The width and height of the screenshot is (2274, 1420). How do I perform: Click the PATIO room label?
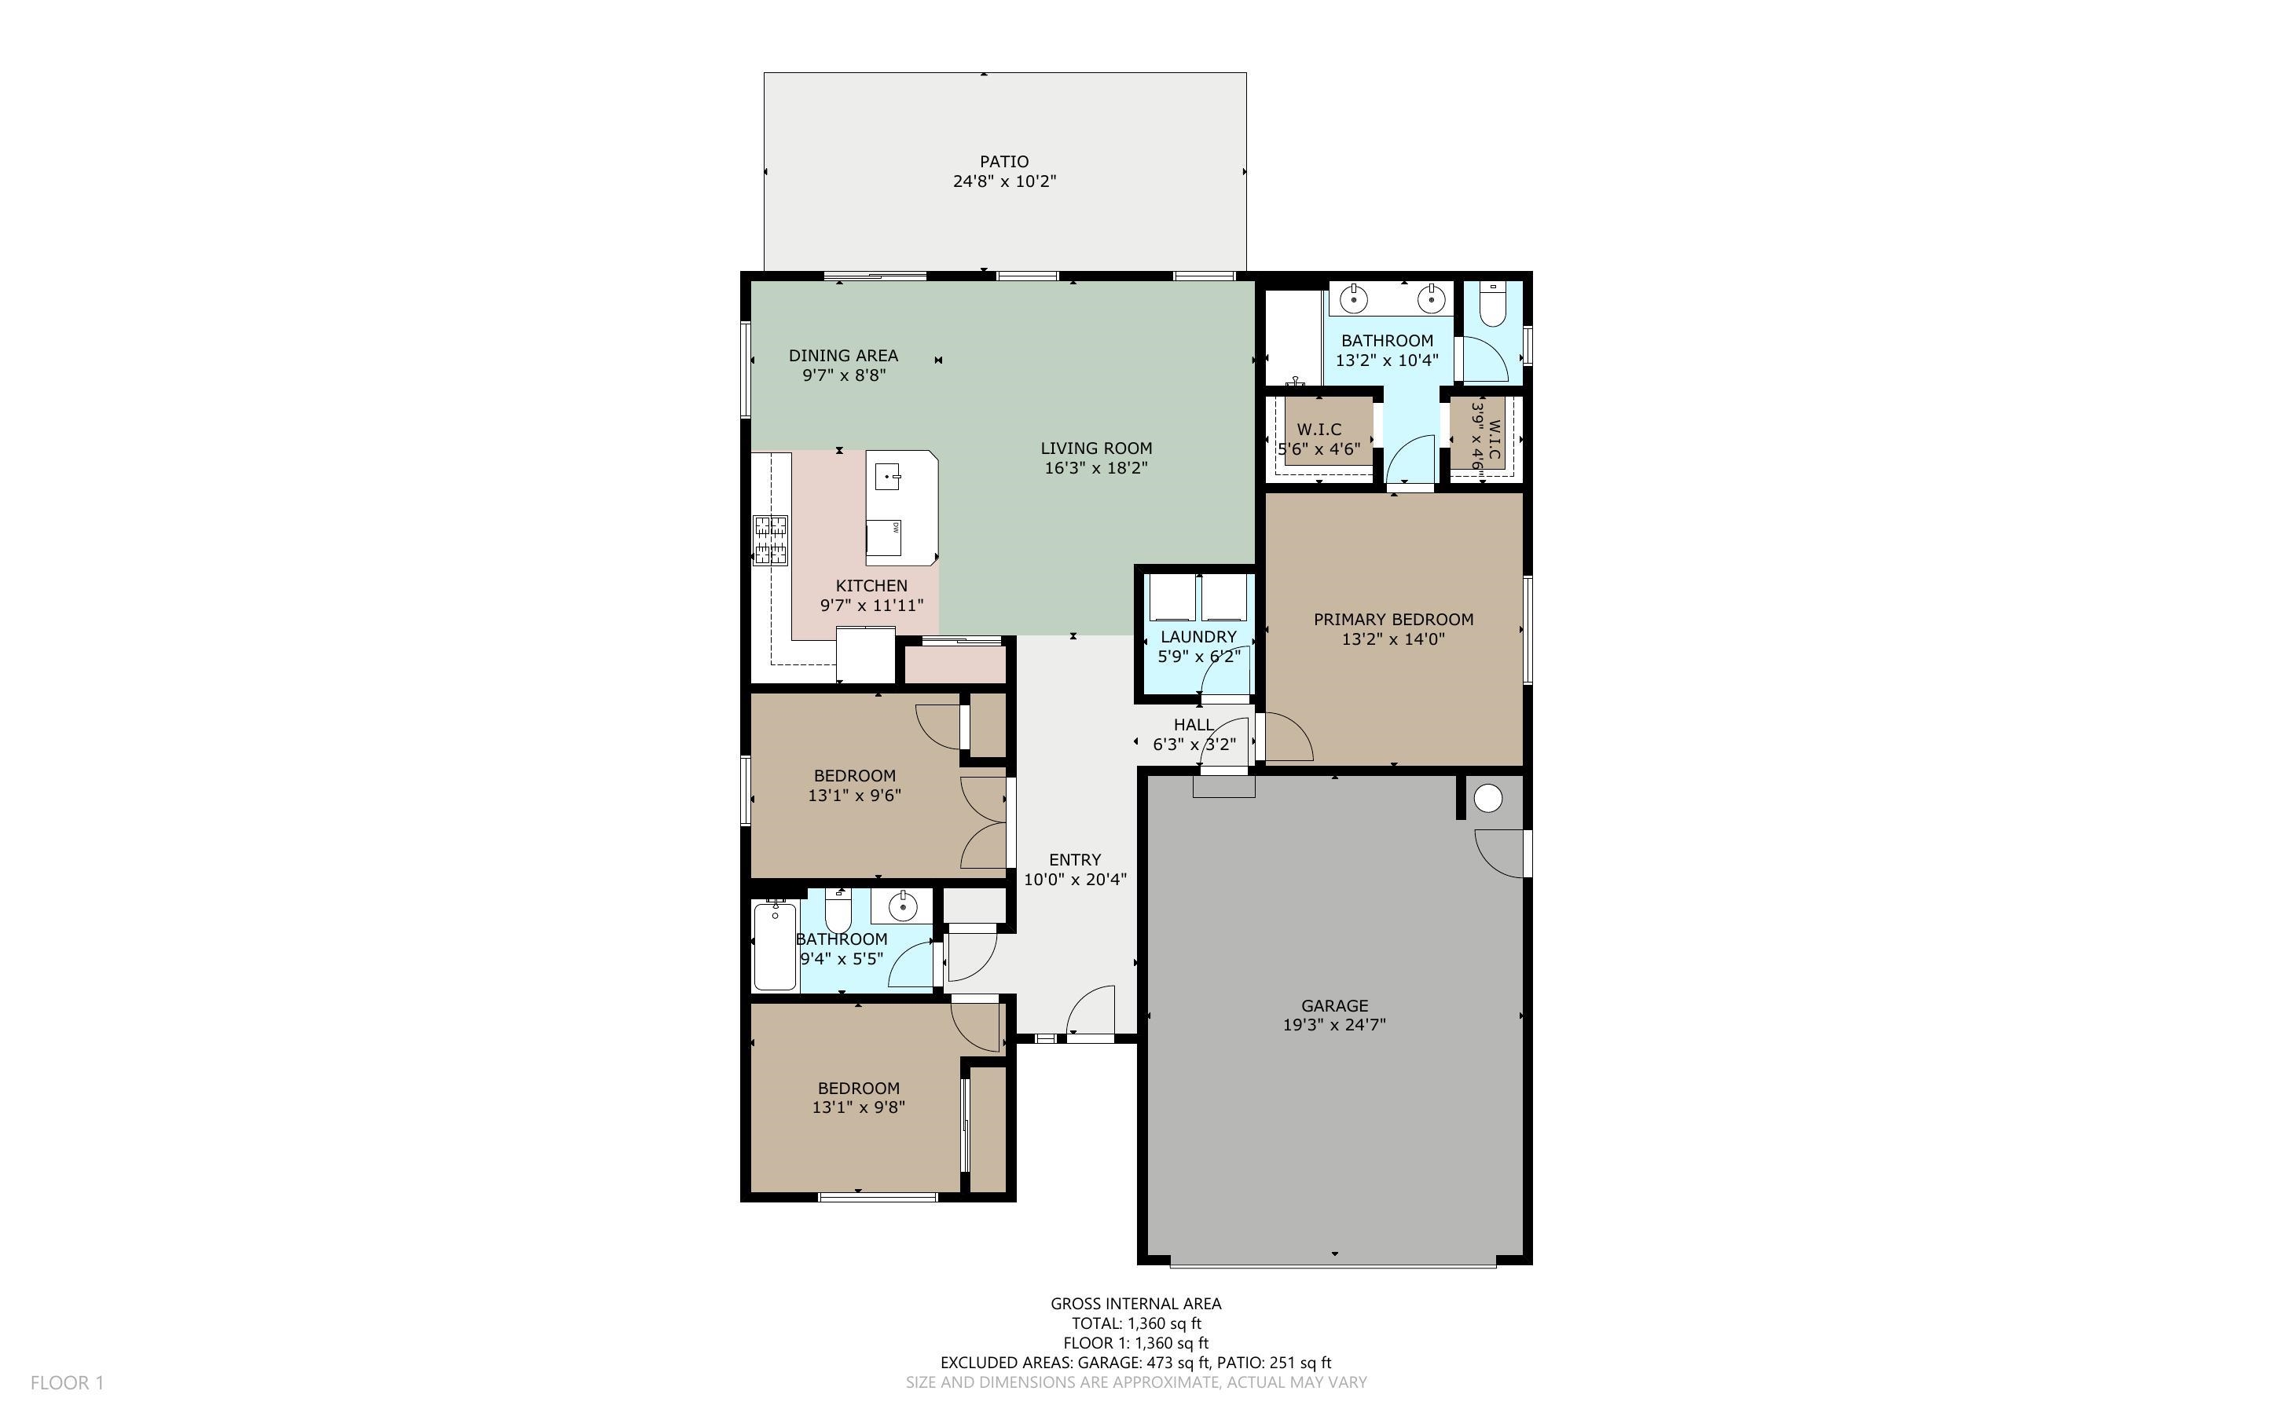pos(1004,162)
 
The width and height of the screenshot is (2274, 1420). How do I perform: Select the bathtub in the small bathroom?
pos(775,946)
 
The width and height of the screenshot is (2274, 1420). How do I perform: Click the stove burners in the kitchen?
pos(770,540)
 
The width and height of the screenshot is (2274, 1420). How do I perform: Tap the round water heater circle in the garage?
pos(1487,798)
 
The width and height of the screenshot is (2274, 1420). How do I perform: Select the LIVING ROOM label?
pos(1096,448)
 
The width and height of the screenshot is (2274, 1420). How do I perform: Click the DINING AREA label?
pos(843,355)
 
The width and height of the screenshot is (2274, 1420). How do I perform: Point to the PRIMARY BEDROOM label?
pos(1393,619)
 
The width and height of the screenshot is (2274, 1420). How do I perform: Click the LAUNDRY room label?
pos(1198,637)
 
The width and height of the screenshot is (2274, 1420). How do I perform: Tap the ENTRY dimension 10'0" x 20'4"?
pos(1075,880)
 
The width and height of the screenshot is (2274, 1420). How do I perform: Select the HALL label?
pos(1193,724)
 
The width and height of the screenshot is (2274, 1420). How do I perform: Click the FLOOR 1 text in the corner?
pos(67,1382)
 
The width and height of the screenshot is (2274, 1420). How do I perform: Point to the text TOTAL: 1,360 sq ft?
pos(1135,1323)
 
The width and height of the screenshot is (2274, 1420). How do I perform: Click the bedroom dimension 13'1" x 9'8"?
pos(859,1107)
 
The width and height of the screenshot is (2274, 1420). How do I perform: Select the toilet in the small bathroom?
pos(838,911)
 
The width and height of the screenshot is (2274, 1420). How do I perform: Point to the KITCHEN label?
pos(871,585)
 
